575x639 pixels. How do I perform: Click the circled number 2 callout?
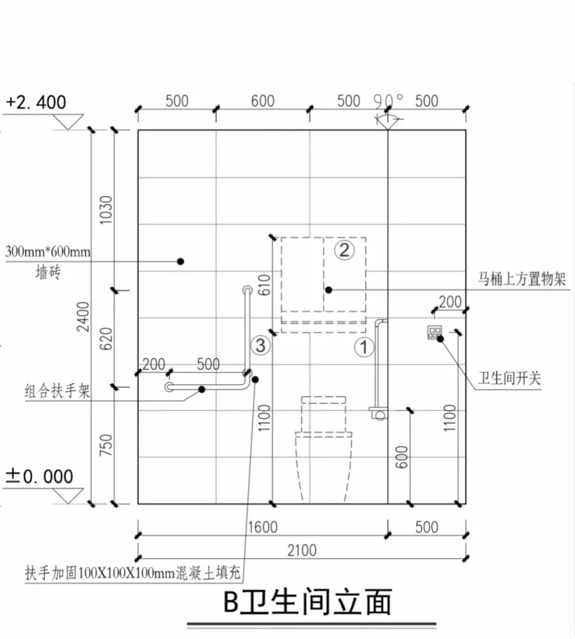coord(344,250)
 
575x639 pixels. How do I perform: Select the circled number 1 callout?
coord(364,347)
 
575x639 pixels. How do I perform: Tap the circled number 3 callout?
coord(260,346)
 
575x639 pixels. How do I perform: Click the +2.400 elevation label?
coord(37,102)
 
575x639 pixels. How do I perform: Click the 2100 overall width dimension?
coord(302,550)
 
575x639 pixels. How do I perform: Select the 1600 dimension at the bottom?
coord(262,527)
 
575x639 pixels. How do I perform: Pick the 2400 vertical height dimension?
coord(83,317)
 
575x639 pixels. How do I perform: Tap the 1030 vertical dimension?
coord(106,210)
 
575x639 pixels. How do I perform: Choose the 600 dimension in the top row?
coord(262,101)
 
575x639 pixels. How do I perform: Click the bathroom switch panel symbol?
coord(434,333)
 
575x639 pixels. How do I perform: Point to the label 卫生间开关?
coord(509,378)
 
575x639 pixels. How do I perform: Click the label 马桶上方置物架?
coord(521,279)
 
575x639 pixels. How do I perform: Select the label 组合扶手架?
coord(57,392)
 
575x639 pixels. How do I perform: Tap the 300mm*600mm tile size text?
coord(48,252)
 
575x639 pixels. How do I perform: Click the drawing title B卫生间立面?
coord(307,602)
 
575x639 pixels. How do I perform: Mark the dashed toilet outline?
coord(324,447)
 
